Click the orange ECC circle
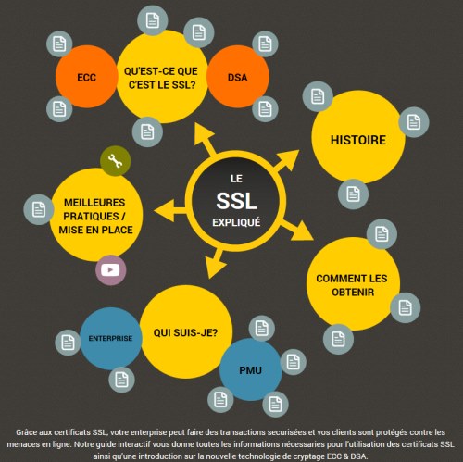tap(87, 77)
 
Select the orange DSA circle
tap(238, 77)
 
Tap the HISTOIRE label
tap(358, 140)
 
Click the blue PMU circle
tap(250, 369)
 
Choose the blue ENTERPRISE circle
tap(111, 338)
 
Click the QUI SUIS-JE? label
tap(185, 332)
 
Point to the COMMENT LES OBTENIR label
tap(352, 285)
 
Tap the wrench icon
tap(116, 161)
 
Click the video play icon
tap(110, 270)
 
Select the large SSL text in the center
tap(236, 201)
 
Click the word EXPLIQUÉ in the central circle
tap(236, 222)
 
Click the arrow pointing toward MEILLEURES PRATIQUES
tap(170, 210)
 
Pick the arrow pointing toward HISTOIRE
tap(286, 161)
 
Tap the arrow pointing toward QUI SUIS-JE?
tap(215, 263)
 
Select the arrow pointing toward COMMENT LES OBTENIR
tap(297, 230)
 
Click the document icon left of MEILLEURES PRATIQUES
tap(39, 209)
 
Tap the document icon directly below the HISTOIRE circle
tap(353, 194)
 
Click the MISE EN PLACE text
tap(95, 230)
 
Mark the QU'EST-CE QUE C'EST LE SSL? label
tap(161, 78)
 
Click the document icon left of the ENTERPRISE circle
tap(68, 343)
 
